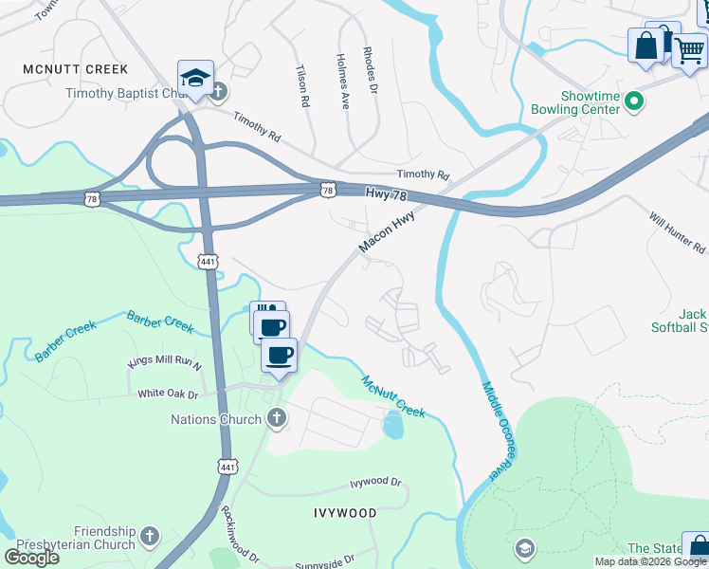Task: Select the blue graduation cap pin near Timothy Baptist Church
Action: pos(195,79)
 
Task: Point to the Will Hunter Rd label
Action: pos(678,233)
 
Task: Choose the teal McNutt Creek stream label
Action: pos(393,396)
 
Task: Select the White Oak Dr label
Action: pos(168,394)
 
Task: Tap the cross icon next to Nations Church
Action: pos(276,417)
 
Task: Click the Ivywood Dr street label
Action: pos(375,483)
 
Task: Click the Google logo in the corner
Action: pos(31,558)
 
